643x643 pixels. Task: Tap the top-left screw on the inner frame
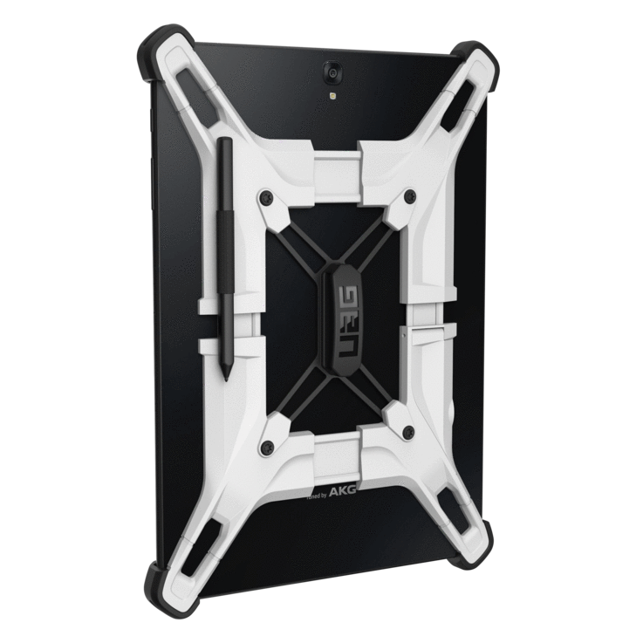click(262, 200)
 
